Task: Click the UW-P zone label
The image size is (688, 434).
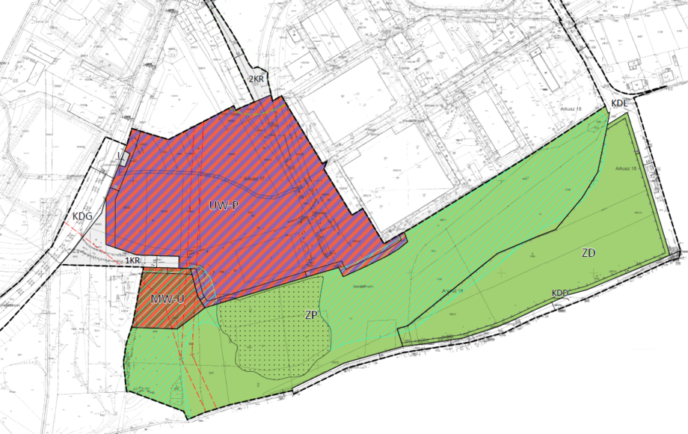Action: [224, 205]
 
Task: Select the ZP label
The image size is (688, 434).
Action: [313, 315]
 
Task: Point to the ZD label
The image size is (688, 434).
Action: [588, 253]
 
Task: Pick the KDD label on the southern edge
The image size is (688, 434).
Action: [561, 293]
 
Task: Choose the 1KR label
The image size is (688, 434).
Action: [133, 260]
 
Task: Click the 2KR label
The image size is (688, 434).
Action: [257, 78]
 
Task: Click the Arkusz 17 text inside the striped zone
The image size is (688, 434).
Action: [254, 180]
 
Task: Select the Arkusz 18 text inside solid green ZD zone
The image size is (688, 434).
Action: [627, 168]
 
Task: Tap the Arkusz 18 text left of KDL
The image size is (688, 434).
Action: [570, 109]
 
